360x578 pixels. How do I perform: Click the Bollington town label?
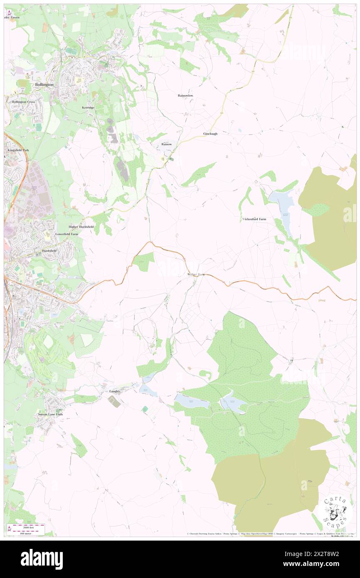click(x=44, y=84)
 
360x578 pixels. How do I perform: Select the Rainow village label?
click(x=166, y=144)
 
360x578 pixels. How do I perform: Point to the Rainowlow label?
click(x=185, y=95)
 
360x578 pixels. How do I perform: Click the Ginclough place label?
click(x=210, y=133)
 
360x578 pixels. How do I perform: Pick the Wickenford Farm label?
click(x=254, y=219)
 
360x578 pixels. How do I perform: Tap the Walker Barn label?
click(x=196, y=275)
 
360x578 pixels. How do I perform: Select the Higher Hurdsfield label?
click(x=81, y=227)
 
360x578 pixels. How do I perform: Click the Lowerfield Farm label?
click(x=67, y=234)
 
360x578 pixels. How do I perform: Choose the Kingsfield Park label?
click(x=17, y=150)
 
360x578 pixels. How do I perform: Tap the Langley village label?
click(x=115, y=391)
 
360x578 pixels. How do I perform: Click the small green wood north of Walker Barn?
click(x=144, y=262)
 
